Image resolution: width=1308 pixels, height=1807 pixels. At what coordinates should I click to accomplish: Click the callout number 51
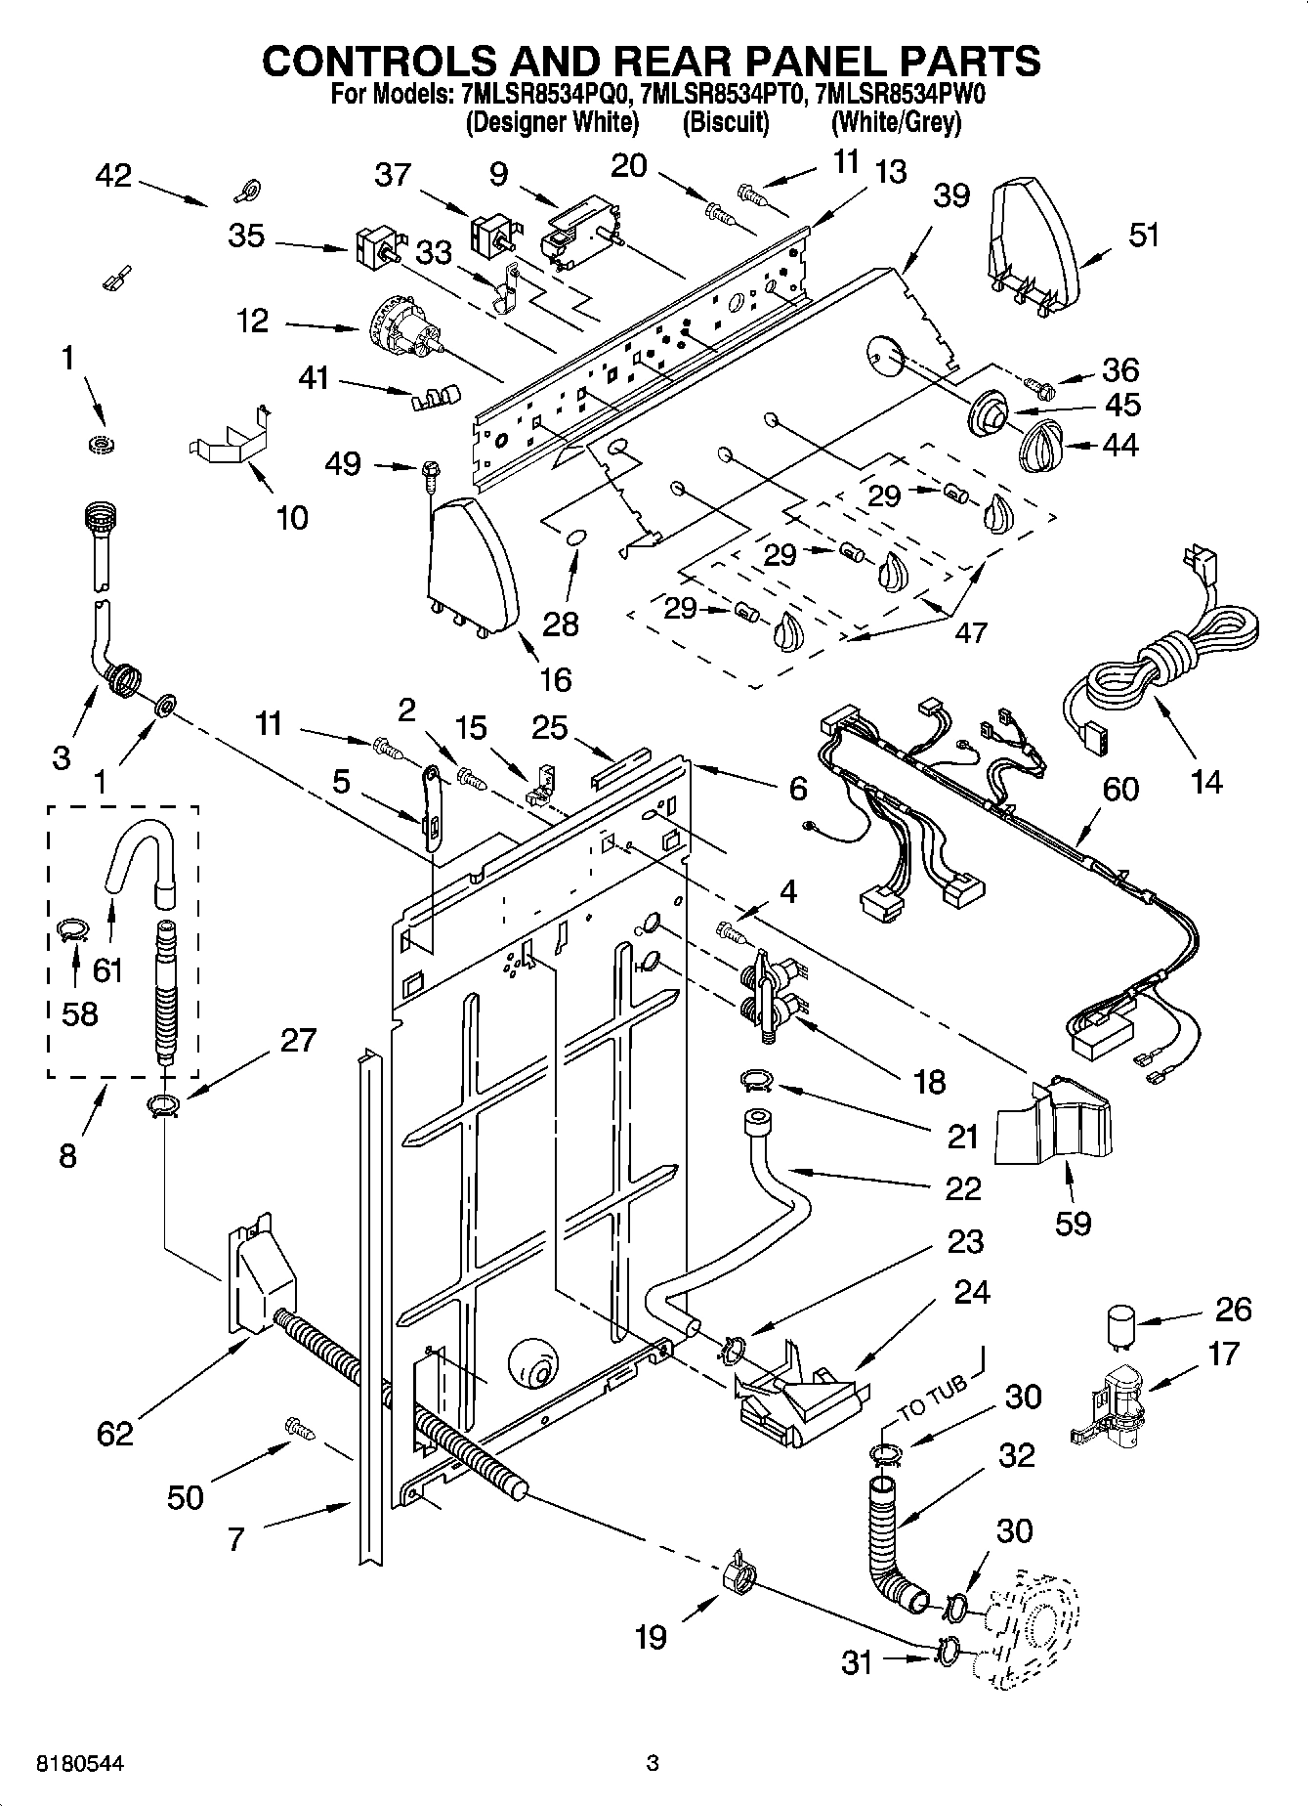pyautogui.click(x=1143, y=236)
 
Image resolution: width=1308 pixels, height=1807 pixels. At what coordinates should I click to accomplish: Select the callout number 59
pyautogui.click(x=1073, y=1223)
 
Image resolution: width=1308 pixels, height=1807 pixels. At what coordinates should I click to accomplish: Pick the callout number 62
pyautogui.click(x=114, y=1434)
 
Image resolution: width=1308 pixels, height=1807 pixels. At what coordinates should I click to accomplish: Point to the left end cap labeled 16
pyautogui.click(x=473, y=569)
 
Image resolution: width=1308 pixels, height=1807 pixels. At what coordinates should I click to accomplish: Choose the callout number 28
pyautogui.click(x=561, y=624)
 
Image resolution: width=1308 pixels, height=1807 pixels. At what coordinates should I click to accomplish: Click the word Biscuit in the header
pyautogui.click(x=725, y=122)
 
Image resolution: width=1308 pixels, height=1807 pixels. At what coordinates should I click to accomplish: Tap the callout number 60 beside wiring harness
pyautogui.click(x=1120, y=789)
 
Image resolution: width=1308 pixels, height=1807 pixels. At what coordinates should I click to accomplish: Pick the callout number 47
pyautogui.click(x=970, y=632)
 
